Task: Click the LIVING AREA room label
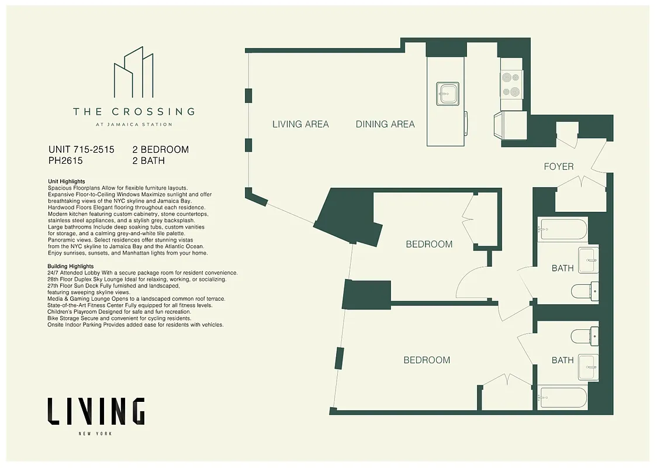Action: coord(300,124)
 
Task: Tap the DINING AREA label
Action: coord(385,124)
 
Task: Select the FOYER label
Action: coord(559,167)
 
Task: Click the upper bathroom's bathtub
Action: coord(563,229)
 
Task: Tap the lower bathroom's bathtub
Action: coord(562,397)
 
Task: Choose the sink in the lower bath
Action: coord(587,367)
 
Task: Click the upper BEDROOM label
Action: coord(429,245)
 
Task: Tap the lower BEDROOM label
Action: coord(427,360)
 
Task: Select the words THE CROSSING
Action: coord(133,111)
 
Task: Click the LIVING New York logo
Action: coord(96,412)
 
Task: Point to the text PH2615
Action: coord(66,161)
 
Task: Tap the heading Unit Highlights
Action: coord(67,182)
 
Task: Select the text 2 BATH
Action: coord(148,161)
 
